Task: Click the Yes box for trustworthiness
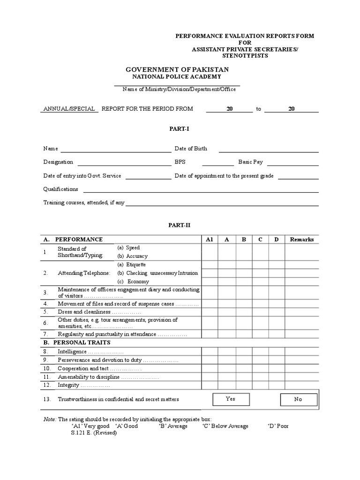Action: pos(230,399)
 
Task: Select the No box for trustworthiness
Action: pos(298,399)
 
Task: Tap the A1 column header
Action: pos(210,239)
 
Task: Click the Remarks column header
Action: pos(302,239)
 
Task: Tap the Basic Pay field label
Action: pos(250,162)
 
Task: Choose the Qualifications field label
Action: pos(61,189)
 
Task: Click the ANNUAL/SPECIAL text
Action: pos(70,109)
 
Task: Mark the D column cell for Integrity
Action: pos(276,385)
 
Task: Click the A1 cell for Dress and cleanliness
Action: pos(210,312)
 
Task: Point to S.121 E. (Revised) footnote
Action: pos(94,433)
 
